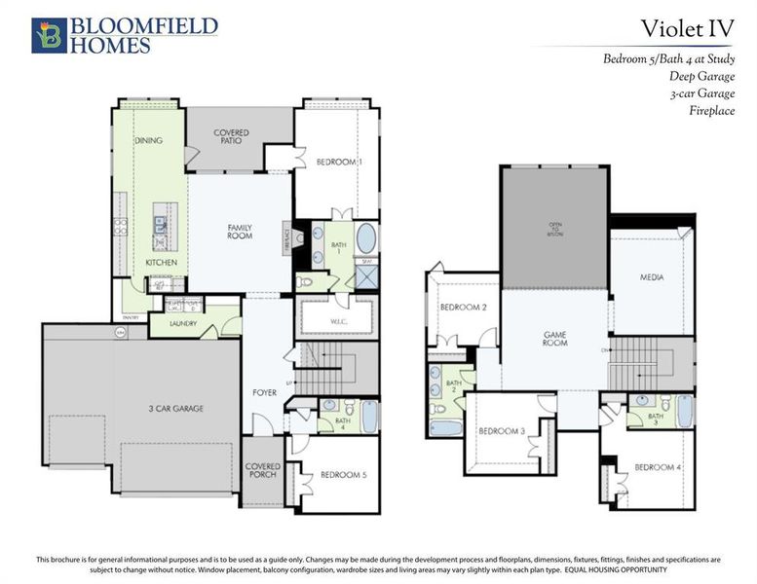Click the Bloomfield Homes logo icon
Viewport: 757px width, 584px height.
pyautogui.click(x=49, y=34)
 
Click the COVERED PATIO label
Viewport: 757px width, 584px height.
pyautogui.click(x=232, y=137)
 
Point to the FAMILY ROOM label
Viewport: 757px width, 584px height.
pyautogui.click(x=240, y=232)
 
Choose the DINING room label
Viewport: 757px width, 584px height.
pyautogui.click(x=148, y=140)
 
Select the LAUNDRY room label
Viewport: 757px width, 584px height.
pyautogui.click(x=183, y=323)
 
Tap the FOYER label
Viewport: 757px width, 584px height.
pyautogui.click(x=264, y=393)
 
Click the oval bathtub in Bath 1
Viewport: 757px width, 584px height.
pyautogui.click(x=365, y=239)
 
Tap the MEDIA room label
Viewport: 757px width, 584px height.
pyautogui.click(x=652, y=278)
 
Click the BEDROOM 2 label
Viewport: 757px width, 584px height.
pyautogui.click(x=464, y=307)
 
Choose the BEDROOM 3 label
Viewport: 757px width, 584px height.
pyautogui.click(x=501, y=431)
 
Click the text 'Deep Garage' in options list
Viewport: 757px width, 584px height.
pyautogui.click(x=701, y=76)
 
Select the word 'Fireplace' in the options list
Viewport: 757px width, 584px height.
pyautogui.click(x=711, y=110)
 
